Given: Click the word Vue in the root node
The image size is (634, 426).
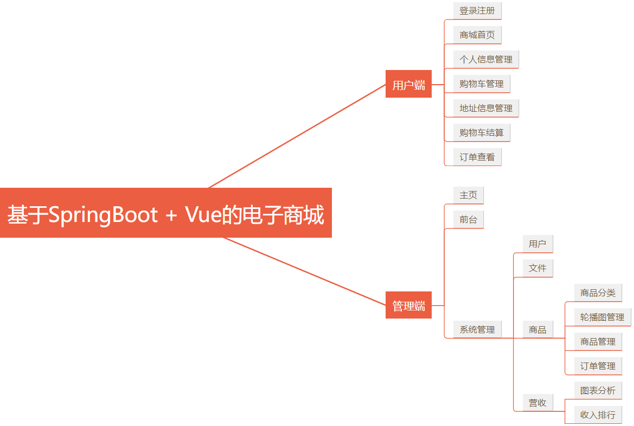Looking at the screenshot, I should tap(204, 215).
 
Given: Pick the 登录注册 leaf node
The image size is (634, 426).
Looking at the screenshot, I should tap(477, 10).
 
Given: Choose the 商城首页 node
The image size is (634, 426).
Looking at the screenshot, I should tap(477, 35).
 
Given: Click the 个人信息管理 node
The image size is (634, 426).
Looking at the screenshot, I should tap(486, 59).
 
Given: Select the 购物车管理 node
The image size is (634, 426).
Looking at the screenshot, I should tap(482, 84).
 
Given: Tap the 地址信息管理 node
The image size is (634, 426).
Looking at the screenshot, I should tap(486, 108).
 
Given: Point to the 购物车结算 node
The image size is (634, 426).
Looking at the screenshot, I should tap(482, 132).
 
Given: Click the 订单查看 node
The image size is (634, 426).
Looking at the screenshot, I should tap(477, 157).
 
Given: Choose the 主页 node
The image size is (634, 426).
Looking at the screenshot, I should tap(468, 195).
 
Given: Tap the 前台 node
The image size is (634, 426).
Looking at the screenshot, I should tap(468, 219).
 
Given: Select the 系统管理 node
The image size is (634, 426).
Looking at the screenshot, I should tap(477, 329).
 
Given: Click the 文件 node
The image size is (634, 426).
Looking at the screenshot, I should tap(537, 268).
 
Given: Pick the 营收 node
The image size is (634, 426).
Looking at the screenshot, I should tap(537, 403).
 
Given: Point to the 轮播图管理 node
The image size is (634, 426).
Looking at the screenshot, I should tap(602, 317).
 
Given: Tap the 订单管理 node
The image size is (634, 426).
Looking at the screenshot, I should tap(598, 366).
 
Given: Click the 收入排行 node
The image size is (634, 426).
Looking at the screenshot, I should tap(598, 415).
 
